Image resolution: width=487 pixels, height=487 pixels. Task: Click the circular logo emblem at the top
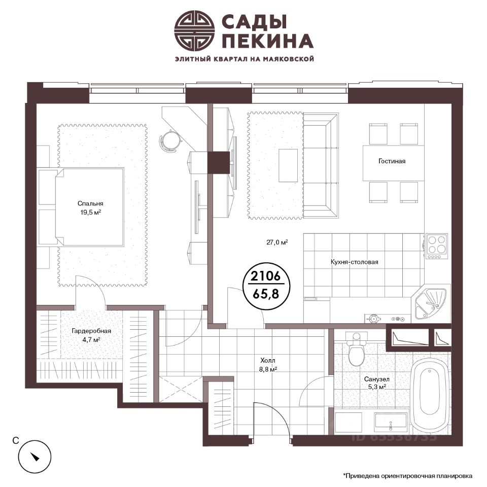tap(194, 30)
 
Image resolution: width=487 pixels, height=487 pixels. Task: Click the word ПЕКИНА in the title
tap(268, 41)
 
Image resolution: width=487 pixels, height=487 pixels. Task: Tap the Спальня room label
tap(90, 203)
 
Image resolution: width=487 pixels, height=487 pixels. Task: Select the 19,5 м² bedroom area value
tap(90, 213)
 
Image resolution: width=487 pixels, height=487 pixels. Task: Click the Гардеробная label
tap(91, 331)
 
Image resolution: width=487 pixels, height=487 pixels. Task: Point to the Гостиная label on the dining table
tap(392, 161)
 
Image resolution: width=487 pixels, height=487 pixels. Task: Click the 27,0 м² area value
tap(277, 242)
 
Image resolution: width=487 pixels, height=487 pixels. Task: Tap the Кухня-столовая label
tap(355, 262)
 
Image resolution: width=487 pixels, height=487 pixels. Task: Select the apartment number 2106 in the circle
tap(265, 275)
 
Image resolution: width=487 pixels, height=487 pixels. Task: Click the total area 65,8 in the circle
tap(266, 294)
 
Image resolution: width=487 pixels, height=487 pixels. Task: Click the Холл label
tap(268, 360)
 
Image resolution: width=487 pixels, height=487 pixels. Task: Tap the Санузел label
tap(377, 379)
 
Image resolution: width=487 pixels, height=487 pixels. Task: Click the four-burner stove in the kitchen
tap(437, 246)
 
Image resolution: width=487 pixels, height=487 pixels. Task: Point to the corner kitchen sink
tap(431, 302)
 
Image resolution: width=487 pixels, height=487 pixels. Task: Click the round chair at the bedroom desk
tap(169, 140)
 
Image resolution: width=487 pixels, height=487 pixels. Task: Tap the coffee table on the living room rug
tap(288, 165)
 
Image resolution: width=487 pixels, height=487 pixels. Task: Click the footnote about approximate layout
tap(407, 475)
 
